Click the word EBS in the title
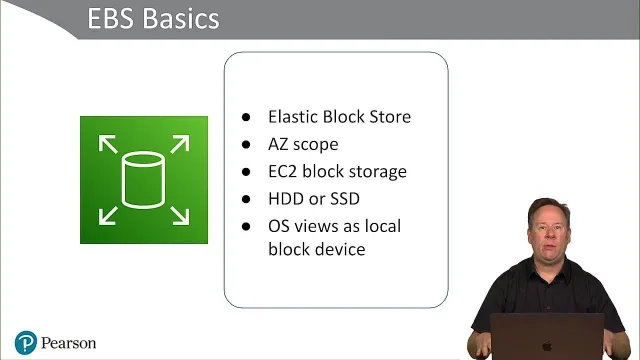[111, 19]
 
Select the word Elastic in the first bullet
[293, 117]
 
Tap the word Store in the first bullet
[390, 117]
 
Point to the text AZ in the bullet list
[278, 144]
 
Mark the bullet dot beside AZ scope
[246, 144]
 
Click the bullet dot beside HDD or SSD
[246, 199]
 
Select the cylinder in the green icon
[143, 180]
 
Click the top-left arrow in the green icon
[108, 144]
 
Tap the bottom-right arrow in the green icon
[180, 216]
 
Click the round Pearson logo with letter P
[26, 342]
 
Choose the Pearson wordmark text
[69, 343]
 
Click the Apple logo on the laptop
[547, 347]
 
